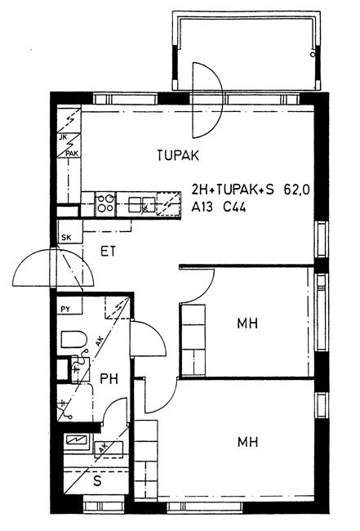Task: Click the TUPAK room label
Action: (x=178, y=155)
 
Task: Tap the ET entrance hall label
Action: (x=109, y=252)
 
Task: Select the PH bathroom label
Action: (x=109, y=378)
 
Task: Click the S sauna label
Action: (x=97, y=481)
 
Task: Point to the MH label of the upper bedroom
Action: (x=247, y=323)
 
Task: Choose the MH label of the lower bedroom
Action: (x=247, y=442)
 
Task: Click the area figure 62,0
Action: (x=296, y=190)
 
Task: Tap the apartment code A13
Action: (x=202, y=207)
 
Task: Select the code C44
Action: (x=234, y=207)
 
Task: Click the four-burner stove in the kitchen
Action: (x=105, y=204)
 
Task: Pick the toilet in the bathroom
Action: (x=73, y=339)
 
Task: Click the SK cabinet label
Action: (x=66, y=238)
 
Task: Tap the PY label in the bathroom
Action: (x=65, y=309)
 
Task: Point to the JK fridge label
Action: (x=63, y=138)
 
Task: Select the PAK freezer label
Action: (x=72, y=154)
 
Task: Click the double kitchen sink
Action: (x=142, y=204)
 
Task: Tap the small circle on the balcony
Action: (x=313, y=54)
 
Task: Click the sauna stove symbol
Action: (x=78, y=440)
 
